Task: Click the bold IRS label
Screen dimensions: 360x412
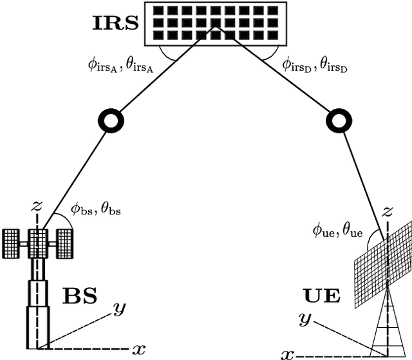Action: [114, 24]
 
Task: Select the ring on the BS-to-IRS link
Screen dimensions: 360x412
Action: [110, 120]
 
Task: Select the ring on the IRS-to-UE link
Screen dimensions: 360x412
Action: [337, 119]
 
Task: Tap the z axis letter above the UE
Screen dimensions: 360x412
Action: [388, 211]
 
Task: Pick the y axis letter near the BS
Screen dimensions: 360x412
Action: [118, 310]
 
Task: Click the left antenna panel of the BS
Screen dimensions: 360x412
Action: [13, 243]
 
